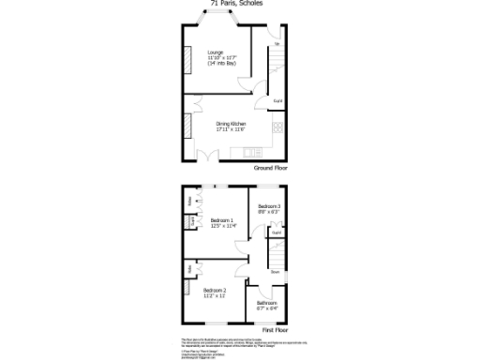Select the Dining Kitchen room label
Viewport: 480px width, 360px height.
(x=231, y=127)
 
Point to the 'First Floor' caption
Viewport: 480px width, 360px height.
(x=275, y=330)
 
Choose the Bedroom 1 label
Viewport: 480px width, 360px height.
(x=222, y=223)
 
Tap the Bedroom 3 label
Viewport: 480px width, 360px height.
(x=270, y=208)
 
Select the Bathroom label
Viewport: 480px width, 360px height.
(x=267, y=305)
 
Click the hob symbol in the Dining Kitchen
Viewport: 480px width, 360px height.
(x=277, y=127)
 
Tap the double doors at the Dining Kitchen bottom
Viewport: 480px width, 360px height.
(x=210, y=155)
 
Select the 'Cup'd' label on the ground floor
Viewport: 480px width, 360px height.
(x=277, y=100)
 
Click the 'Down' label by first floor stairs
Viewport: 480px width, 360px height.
(x=276, y=272)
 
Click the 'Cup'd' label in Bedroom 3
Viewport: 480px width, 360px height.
(x=277, y=232)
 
